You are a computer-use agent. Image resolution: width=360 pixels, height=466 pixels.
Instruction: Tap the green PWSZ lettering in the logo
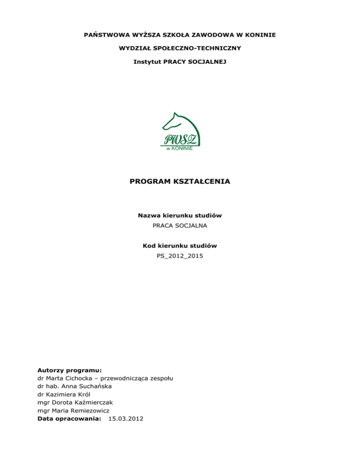180,139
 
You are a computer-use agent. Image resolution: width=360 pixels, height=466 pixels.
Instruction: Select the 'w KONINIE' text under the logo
180,149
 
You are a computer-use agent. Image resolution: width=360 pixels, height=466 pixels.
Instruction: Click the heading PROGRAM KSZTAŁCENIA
180,180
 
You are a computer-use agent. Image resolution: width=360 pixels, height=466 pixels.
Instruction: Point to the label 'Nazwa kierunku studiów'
180,216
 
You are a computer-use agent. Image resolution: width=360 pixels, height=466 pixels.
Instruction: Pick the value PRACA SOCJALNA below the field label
180,225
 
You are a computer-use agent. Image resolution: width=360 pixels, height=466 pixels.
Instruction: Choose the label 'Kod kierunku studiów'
180,246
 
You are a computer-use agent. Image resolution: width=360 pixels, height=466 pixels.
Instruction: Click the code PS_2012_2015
180,256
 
